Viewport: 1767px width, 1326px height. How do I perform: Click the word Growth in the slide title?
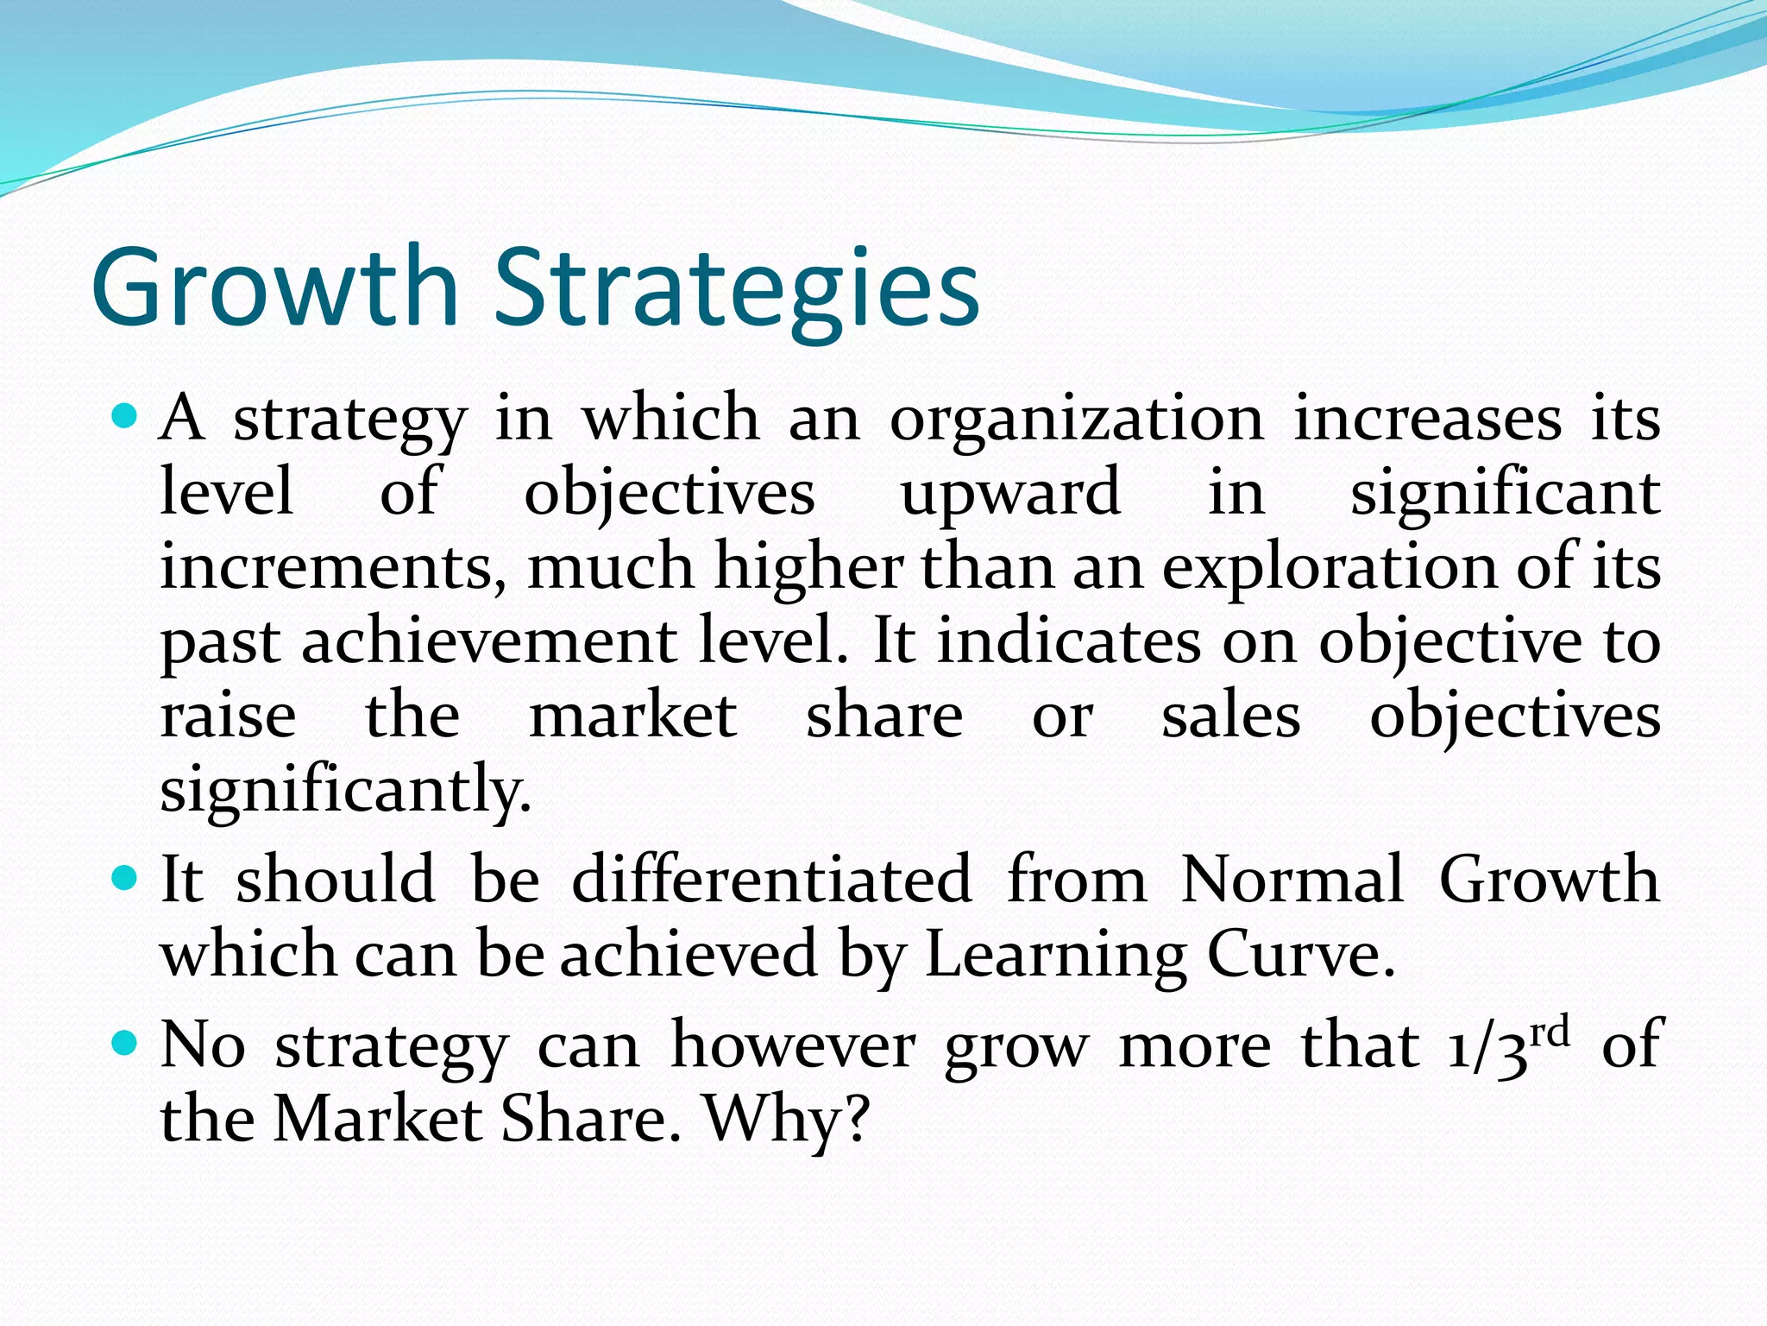tap(274, 287)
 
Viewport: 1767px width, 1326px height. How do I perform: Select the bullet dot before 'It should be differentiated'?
tap(125, 880)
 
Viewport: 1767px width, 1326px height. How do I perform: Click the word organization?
tap(1076, 420)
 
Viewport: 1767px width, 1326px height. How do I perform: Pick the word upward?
tap(1010, 494)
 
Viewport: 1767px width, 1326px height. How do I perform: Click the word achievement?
tap(489, 642)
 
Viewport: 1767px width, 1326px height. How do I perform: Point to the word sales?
tap(1230, 717)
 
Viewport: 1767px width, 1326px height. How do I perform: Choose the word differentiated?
tap(771, 880)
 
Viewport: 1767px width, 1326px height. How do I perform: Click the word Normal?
tap(1292, 880)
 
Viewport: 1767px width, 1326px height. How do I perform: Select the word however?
tap(793, 1045)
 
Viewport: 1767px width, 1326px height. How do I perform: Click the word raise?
tap(228, 717)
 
